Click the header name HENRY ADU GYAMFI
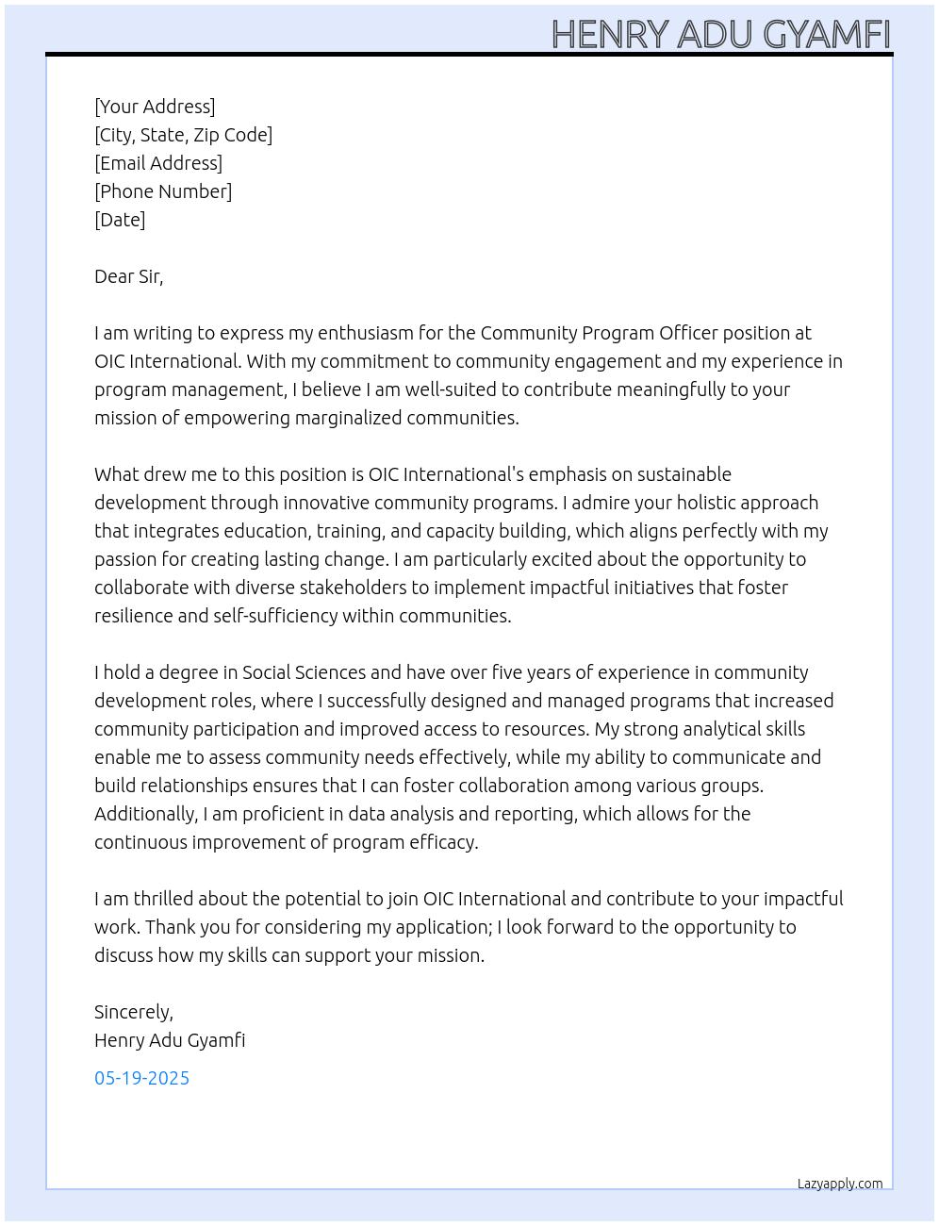tap(720, 34)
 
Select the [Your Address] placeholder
tap(155, 107)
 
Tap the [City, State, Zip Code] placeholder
tap(183, 135)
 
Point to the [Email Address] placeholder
tap(158, 163)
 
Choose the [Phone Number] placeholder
tap(163, 191)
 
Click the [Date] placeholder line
tap(120, 220)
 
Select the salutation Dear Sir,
tap(128, 276)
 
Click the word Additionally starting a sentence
tap(145, 814)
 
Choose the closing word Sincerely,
tap(134, 1012)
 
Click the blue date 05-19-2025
tap(141, 1078)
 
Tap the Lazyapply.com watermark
tap(839, 1184)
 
